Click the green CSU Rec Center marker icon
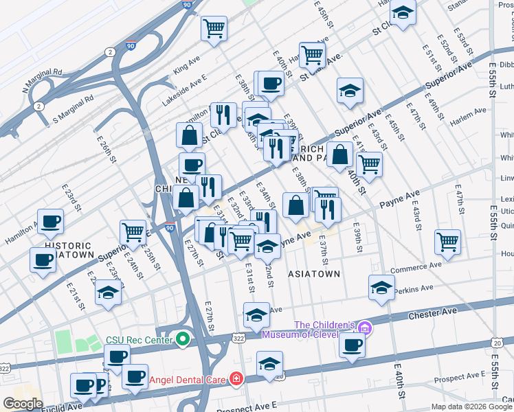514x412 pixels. [182, 339]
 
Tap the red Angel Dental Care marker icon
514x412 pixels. [236, 378]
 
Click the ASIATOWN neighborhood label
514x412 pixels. [313, 273]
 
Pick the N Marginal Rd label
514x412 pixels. [42, 80]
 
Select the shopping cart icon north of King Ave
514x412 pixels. [214, 29]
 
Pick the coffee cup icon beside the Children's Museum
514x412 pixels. [352, 345]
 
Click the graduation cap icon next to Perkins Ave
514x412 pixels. [381, 288]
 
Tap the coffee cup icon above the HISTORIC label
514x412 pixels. [50, 222]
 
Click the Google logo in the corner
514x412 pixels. [23, 404]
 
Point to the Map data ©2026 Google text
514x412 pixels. [471, 407]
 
